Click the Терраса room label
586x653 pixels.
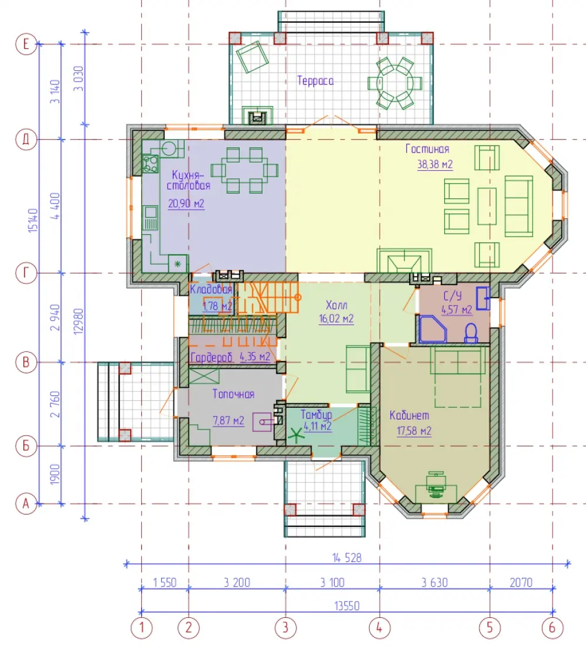pos(315,80)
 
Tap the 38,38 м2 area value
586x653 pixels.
pos(435,164)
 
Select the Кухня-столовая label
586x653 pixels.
pos(189,180)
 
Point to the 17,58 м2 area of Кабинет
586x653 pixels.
pos(414,431)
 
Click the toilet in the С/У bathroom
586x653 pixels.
pos(471,334)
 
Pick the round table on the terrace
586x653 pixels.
pos(395,83)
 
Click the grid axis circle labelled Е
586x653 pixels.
pos(26,44)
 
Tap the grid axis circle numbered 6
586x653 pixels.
pos(553,627)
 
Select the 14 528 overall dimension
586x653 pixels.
pos(347,557)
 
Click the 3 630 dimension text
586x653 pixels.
pos(435,582)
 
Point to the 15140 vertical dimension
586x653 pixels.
pos(33,220)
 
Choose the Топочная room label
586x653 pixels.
pos(233,394)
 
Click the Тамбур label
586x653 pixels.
pos(316,415)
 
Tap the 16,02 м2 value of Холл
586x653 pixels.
pos(336,319)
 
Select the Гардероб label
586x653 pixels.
pos(212,357)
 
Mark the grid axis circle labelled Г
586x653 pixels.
pos(26,273)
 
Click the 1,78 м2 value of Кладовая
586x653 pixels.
pos(217,306)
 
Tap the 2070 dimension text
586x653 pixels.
pos(521,582)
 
